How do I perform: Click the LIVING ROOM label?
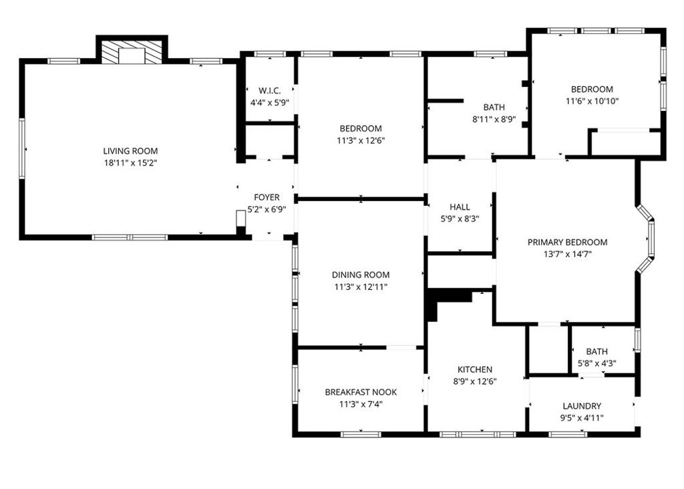pyautogui.click(x=130, y=151)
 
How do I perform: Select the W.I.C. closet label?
pyautogui.click(x=269, y=91)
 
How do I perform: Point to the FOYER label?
pyautogui.click(x=267, y=198)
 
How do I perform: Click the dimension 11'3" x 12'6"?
pyautogui.click(x=361, y=140)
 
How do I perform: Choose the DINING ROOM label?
pyautogui.click(x=361, y=275)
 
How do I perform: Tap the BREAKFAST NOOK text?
pyautogui.click(x=361, y=392)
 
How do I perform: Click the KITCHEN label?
pyautogui.click(x=475, y=369)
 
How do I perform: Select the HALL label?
pyautogui.click(x=460, y=207)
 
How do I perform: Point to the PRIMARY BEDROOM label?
pyautogui.click(x=567, y=242)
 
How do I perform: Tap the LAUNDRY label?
pyautogui.click(x=582, y=405)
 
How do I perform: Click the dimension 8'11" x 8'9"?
pyautogui.click(x=494, y=118)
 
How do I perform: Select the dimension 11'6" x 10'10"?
pyautogui.click(x=591, y=101)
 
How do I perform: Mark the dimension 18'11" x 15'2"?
pyautogui.click(x=130, y=162)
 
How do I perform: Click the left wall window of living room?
pyautogui.click(x=22, y=148)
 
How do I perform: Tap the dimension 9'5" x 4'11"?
pyautogui.click(x=582, y=417)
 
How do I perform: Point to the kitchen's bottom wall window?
pyautogui.click(x=477, y=434)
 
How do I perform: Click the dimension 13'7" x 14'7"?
pyautogui.click(x=567, y=253)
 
